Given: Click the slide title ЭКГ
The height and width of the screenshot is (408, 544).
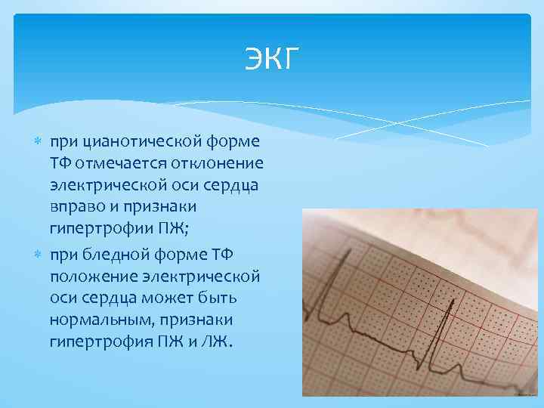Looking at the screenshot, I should (x=272, y=59).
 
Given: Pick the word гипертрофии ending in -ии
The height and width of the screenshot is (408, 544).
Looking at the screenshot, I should (x=101, y=228).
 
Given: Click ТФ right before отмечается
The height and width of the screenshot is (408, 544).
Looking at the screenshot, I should (x=62, y=164).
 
